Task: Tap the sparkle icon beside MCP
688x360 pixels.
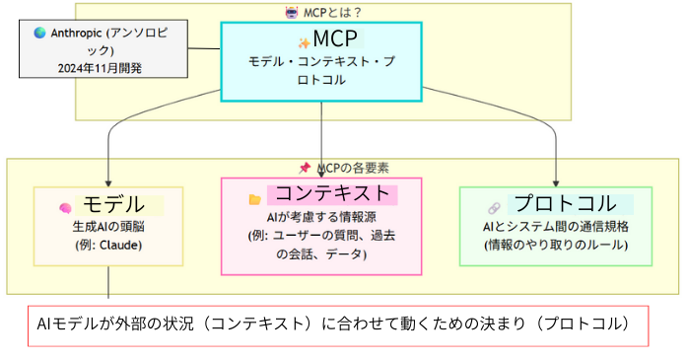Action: (x=304, y=42)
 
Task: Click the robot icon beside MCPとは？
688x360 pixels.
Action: (x=290, y=12)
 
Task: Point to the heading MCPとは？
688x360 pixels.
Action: (x=331, y=12)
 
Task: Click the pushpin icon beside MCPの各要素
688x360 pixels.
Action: (x=306, y=169)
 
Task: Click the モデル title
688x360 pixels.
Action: (x=114, y=205)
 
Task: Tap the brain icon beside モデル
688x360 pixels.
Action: (x=66, y=208)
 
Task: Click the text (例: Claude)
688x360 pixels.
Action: (x=108, y=244)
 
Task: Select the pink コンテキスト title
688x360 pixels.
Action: (x=331, y=193)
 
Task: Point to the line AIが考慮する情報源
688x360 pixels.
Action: (x=321, y=217)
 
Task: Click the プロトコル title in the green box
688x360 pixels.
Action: (x=568, y=204)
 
